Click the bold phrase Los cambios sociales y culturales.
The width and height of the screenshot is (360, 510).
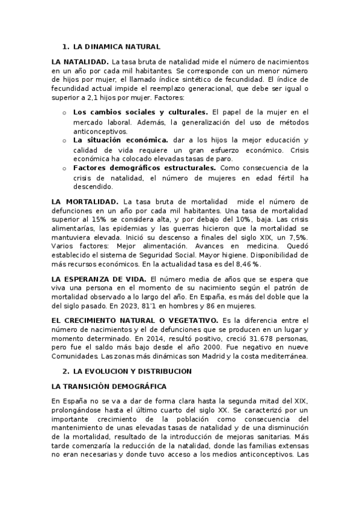point(141,112)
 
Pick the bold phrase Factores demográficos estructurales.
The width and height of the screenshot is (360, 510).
point(144,168)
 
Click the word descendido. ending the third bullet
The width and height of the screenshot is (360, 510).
point(93,186)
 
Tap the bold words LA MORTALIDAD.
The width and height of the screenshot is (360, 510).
point(85,201)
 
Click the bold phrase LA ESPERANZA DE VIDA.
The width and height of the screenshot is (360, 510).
point(99,280)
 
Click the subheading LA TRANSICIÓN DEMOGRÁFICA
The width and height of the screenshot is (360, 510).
point(109,386)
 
